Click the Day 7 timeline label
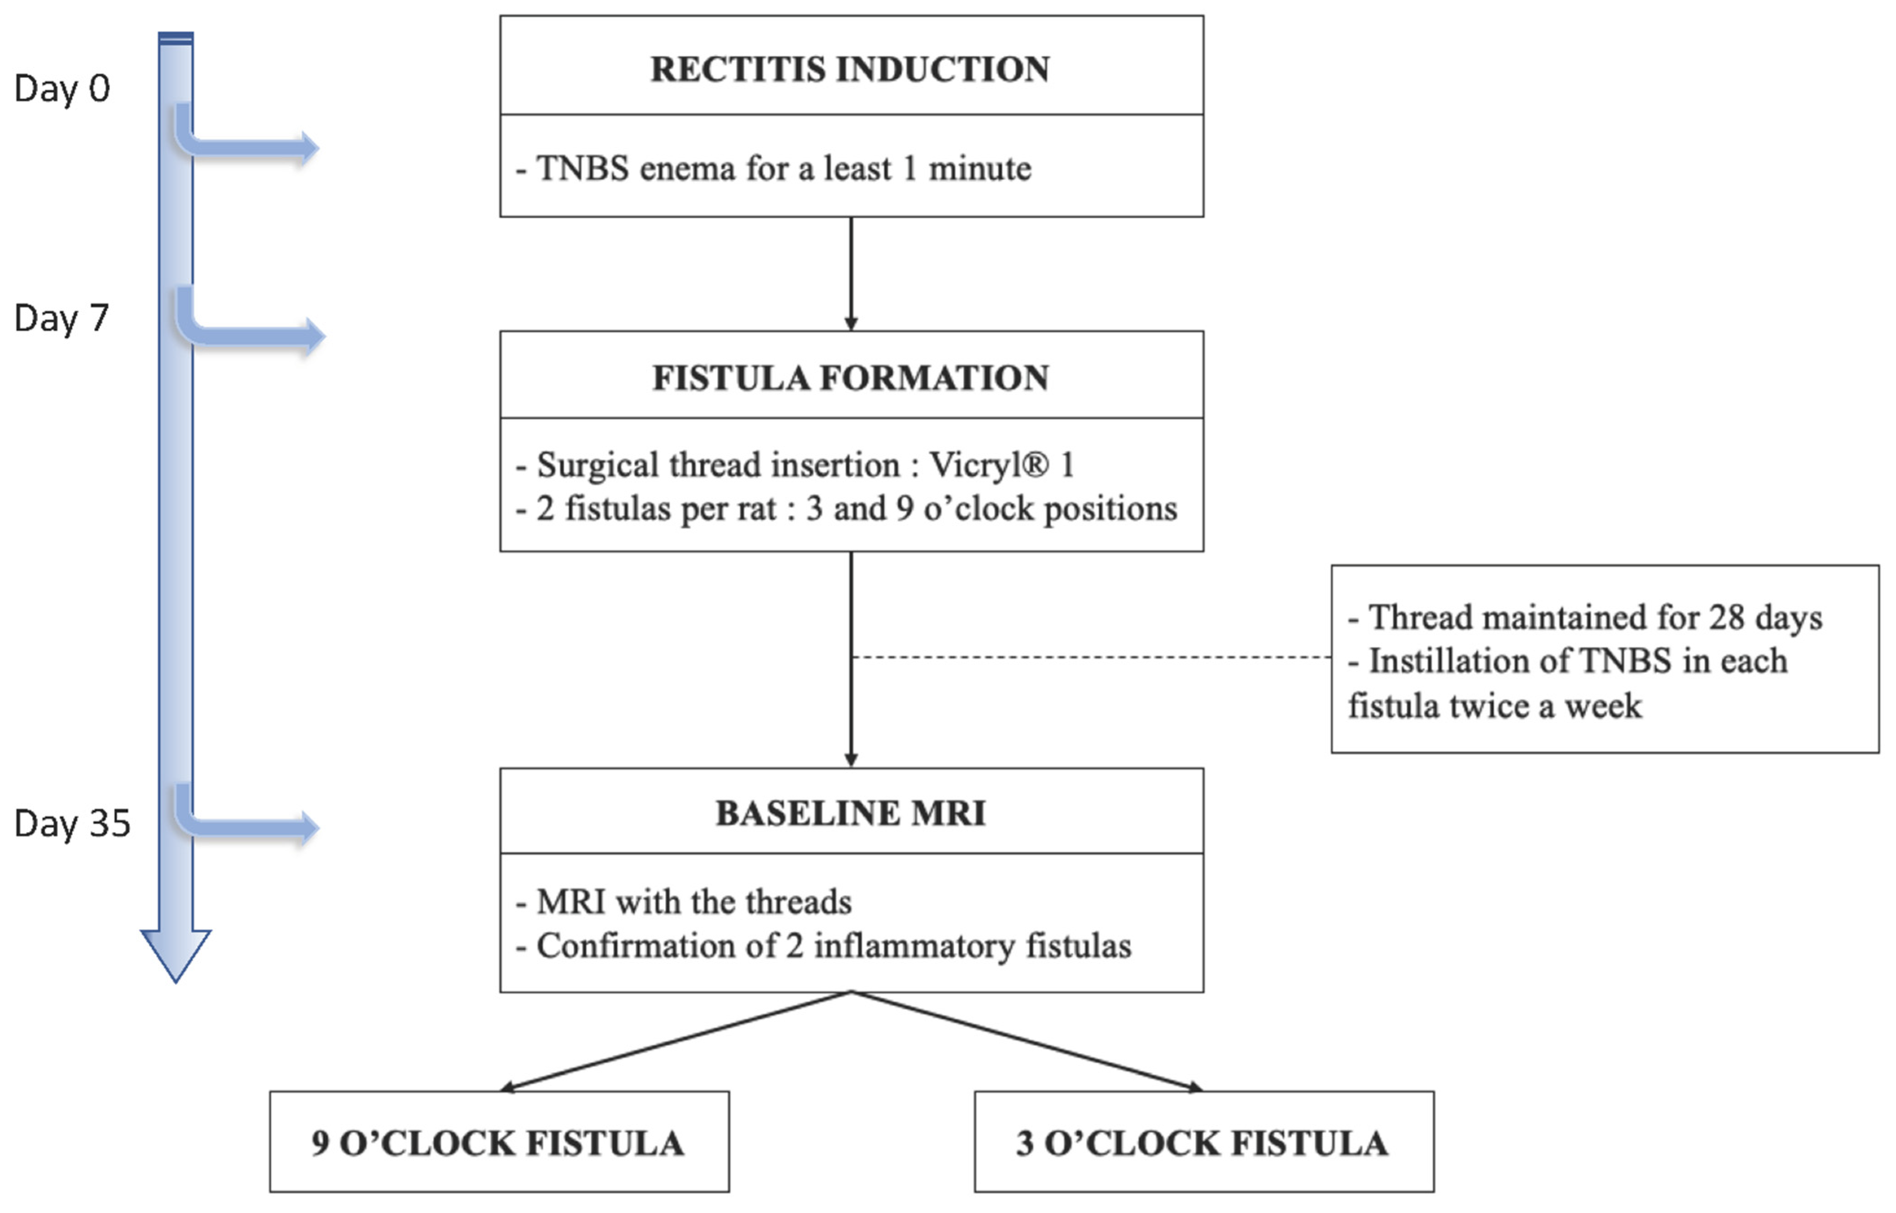tap(61, 318)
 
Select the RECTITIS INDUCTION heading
tap(851, 69)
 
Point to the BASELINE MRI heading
tap(851, 813)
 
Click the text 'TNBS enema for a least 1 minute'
tap(784, 169)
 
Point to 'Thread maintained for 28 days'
tap(1595, 618)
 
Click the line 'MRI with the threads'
tap(693, 902)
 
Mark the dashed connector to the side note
tap(1091, 657)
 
